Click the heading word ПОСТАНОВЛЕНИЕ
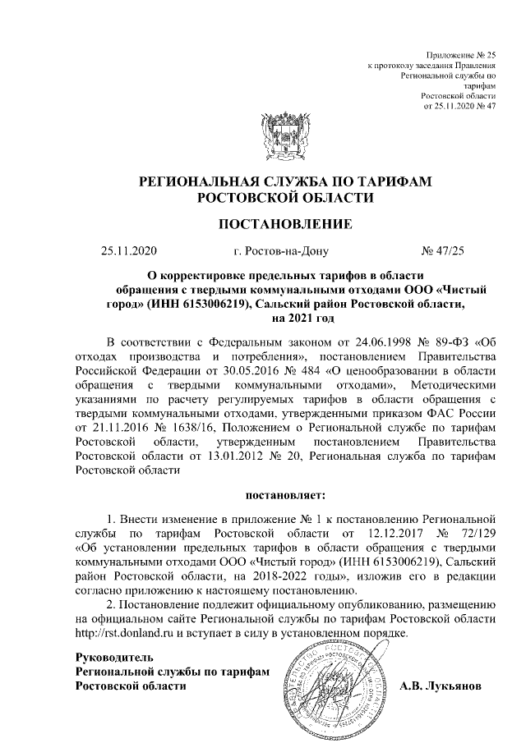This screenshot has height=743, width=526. tap(285, 223)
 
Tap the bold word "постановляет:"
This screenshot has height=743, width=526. tap(285, 495)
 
